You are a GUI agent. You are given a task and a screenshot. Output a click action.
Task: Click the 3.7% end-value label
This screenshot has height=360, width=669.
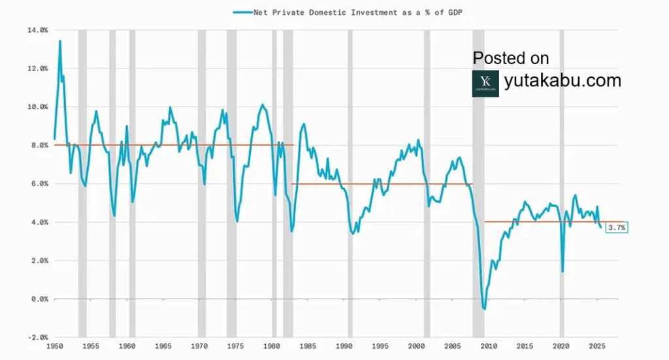[617, 227]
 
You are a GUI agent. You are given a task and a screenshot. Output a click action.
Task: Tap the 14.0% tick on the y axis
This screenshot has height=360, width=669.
[39, 30]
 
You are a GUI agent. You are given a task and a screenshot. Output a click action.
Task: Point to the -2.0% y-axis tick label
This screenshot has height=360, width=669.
[38, 337]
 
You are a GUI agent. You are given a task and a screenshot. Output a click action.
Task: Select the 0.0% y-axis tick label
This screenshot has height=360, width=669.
[39, 299]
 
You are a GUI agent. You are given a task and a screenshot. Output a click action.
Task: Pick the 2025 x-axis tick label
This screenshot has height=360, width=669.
[596, 346]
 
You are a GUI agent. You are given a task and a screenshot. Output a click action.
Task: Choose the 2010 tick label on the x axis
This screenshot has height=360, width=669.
[488, 346]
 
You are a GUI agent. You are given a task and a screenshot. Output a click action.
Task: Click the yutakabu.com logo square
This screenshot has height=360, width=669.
[485, 84]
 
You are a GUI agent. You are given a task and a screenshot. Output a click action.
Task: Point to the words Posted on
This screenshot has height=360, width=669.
[511, 58]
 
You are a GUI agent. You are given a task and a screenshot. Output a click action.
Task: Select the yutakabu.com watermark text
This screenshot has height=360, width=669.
[563, 81]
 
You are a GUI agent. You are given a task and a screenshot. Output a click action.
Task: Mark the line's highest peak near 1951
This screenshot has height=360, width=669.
[60, 41]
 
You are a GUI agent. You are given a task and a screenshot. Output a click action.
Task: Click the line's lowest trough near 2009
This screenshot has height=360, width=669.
[484, 308]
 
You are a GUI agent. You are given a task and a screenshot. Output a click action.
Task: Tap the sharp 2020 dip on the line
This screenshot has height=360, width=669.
[562, 271]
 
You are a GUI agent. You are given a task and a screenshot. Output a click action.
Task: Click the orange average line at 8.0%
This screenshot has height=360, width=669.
[170, 145]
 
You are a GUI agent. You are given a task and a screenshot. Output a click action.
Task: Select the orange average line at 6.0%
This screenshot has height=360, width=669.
[379, 184]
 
